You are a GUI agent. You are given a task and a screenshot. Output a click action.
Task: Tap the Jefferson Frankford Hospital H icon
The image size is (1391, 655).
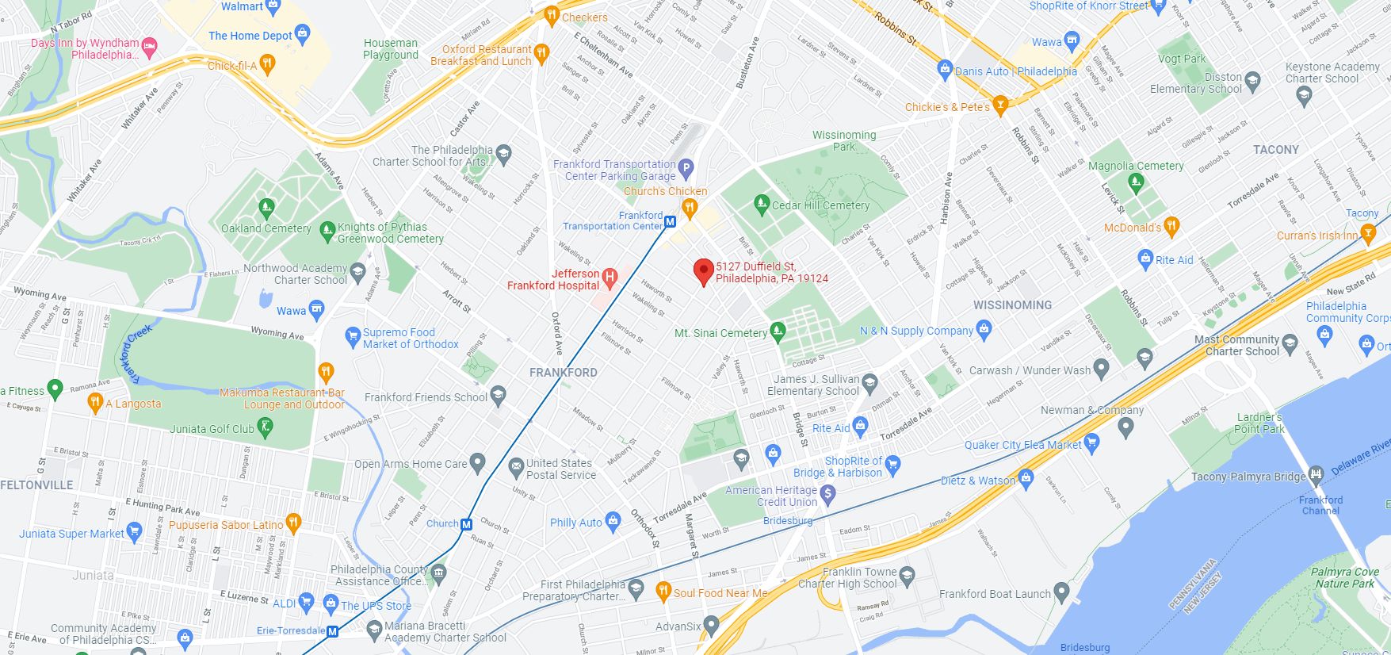610,277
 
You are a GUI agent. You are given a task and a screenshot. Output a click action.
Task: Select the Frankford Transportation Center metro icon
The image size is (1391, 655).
671,222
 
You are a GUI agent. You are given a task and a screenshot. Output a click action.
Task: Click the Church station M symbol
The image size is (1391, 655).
467,524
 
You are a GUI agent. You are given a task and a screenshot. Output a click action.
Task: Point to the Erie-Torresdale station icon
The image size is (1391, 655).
333,632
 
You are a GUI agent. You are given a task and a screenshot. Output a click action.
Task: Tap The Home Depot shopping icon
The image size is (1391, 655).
301,33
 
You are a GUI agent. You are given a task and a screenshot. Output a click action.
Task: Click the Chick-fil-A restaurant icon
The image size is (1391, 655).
268,64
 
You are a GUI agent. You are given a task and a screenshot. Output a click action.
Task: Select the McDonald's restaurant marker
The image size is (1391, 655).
1171,226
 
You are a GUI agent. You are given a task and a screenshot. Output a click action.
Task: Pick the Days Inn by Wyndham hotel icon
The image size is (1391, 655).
149,46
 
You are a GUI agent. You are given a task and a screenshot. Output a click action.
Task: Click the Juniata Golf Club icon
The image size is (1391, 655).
266,428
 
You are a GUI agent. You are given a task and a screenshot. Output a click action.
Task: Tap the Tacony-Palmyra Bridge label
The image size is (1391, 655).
1248,477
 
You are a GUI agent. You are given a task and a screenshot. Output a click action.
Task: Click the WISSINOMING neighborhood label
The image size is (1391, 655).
1012,305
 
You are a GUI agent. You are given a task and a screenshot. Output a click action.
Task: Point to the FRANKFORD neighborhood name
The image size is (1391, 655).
564,372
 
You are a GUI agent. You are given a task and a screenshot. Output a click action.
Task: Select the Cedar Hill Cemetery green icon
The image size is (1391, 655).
762,204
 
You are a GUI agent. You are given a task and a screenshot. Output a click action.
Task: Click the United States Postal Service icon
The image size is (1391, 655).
516,465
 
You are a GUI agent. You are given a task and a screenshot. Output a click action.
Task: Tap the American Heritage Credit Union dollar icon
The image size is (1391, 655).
828,495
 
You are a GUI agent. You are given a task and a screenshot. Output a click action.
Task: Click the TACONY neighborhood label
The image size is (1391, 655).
1275,149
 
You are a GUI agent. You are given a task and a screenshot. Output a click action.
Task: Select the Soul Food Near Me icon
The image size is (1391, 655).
663,591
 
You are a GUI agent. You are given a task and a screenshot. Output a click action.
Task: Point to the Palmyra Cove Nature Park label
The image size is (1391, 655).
1343,577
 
